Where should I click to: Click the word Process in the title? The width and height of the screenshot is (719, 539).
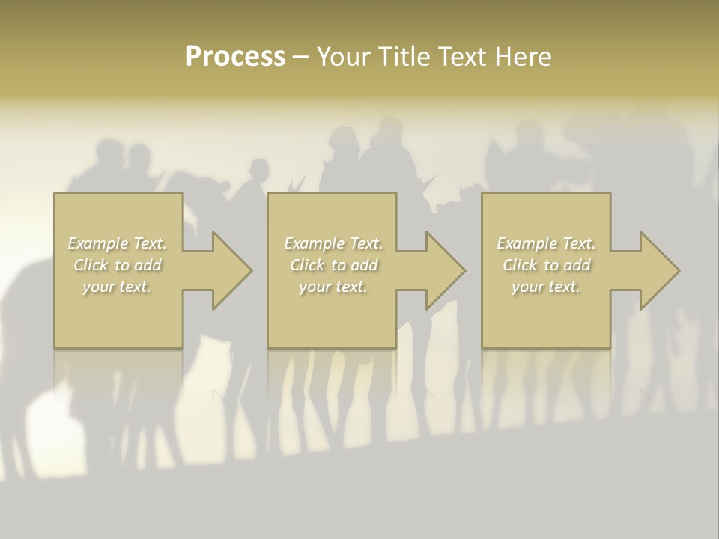[235, 57]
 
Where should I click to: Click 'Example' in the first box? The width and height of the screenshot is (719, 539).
[98, 243]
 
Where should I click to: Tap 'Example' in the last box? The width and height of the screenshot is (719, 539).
[527, 243]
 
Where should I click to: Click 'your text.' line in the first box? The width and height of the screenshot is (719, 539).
[117, 287]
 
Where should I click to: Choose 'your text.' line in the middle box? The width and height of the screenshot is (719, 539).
[333, 287]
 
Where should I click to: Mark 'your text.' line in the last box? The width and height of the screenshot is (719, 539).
[545, 287]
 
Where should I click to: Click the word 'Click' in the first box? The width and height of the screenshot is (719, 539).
[91, 265]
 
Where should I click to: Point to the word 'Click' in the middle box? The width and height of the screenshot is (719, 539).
[307, 265]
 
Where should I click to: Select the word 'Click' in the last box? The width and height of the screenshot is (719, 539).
[520, 265]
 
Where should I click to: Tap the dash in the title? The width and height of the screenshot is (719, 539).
[300, 57]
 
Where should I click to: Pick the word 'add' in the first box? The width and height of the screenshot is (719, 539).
[148, 265]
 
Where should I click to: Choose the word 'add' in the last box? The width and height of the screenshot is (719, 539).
[577, 265]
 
